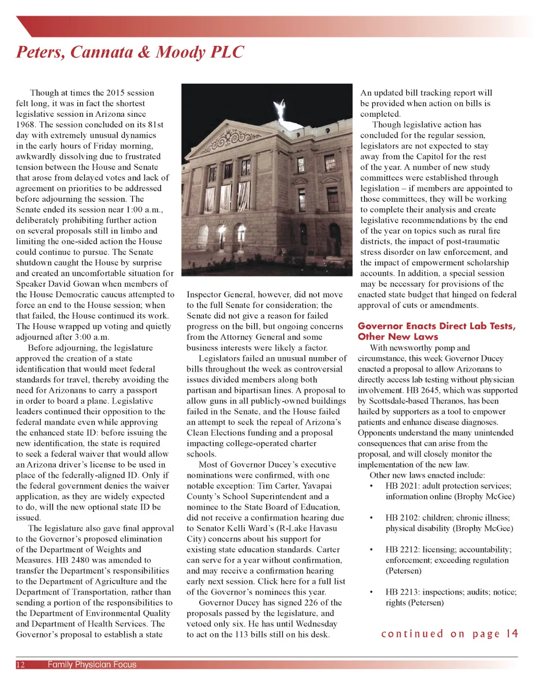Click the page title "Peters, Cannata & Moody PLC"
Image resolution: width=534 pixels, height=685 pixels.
[x=130, y=52]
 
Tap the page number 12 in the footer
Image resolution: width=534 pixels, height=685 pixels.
[x=21, y=664]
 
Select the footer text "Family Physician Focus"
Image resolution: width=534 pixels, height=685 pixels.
[x=92, y=664]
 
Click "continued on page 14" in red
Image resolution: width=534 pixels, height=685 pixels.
[x=450, y=633]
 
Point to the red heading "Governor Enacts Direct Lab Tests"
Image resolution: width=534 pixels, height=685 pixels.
[x=436, y=326]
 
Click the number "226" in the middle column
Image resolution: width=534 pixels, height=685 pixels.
[x=311, y=603]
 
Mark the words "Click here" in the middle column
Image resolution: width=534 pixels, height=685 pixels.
[x=275, y=581]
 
